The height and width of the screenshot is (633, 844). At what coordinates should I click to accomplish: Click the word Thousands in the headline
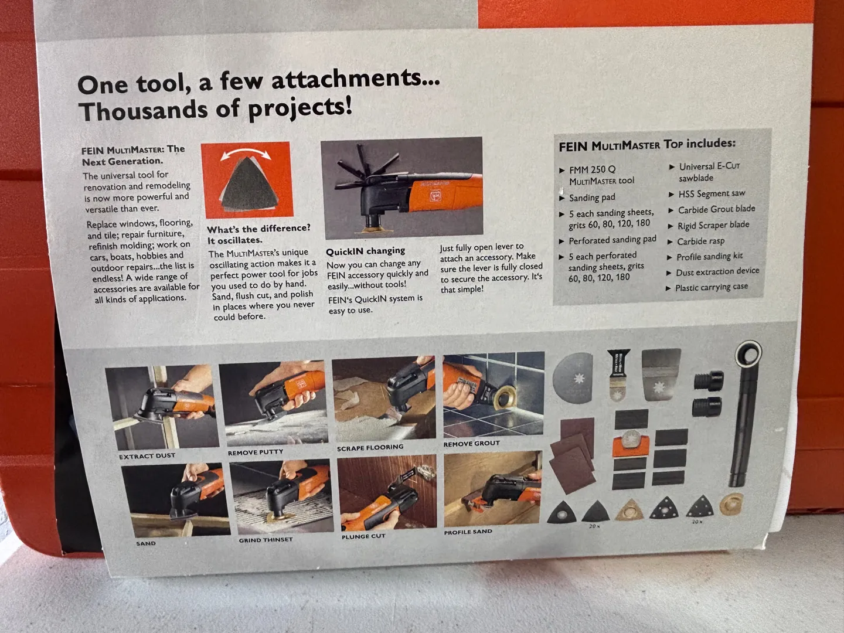click(142, 111)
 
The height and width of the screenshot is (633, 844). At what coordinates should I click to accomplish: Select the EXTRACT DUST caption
click(147, 456)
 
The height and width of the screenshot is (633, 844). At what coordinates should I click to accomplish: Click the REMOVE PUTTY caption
click(256, 452)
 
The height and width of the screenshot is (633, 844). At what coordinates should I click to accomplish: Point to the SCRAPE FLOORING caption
click(370, 448)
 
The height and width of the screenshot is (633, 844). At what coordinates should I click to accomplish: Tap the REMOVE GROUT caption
click(471, 444)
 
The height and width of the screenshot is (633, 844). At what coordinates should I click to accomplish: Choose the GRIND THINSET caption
click(266, 540)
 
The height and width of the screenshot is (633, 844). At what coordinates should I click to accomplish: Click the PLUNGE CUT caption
click(363, 536)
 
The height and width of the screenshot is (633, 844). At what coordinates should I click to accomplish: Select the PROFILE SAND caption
click(468, 532)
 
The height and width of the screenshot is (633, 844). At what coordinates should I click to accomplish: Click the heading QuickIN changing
click(365, 251)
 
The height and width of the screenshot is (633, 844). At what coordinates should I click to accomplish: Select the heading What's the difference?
click(258, 229)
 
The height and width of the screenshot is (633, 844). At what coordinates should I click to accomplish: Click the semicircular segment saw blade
click(573, 379)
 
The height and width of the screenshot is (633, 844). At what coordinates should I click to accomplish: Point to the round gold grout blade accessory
click(731, 504)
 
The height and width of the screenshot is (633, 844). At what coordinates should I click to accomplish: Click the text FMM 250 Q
click(592, 169)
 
